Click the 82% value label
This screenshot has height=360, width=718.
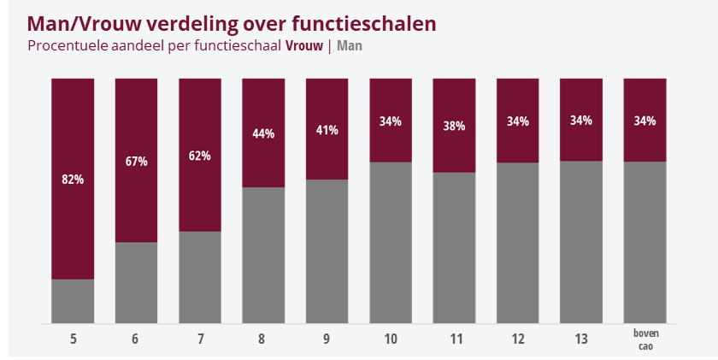[x=73, y=180]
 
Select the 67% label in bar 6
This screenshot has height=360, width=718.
[x=137, y=162]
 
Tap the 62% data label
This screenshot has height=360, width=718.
[x=200, y=156]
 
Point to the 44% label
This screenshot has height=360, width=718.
[x=263, y=133]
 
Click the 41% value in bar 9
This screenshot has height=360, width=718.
[x=327, y=130]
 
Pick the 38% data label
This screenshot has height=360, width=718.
[x=454, y=126]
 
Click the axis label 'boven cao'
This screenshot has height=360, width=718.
[x=645, y=339]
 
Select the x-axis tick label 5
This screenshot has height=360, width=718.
[x=74, y=339]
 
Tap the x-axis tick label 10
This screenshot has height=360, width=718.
[x=391, y=339]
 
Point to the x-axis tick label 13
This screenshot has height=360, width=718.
[x=581, y=339]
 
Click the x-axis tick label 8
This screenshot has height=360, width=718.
[x=262, y=339]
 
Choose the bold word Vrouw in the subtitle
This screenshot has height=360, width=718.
[x=304, y=46]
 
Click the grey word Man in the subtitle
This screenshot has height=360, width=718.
[x=350, y=46]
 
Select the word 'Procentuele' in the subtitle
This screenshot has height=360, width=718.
[x=68, y=46]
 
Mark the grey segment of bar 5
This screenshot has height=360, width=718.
[x=73, y=301]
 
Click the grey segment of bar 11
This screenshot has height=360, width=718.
[x=454, y=248]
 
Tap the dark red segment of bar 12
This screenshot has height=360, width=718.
[x=517, y=121]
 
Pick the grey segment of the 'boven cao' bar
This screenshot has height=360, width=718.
[x=644, y=242]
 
